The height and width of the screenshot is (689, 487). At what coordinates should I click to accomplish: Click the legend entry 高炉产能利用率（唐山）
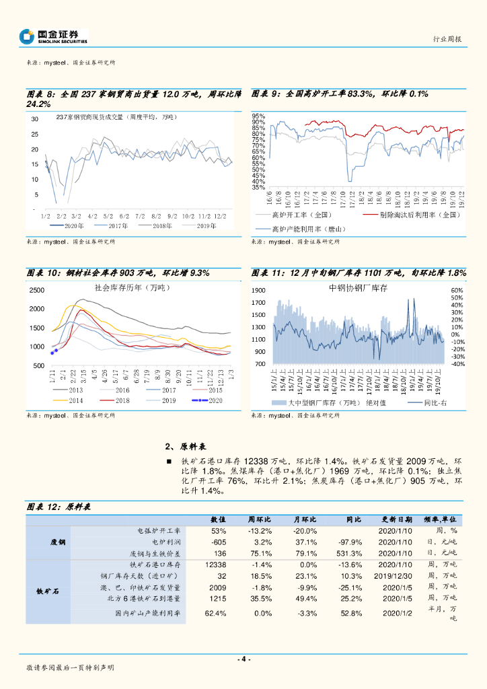click(299, 229)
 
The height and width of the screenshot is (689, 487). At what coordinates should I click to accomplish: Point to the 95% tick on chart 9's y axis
click(259, 116)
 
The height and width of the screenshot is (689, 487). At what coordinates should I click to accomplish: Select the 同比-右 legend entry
click(435, 402)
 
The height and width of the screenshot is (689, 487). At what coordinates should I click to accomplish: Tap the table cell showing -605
click(218, 542)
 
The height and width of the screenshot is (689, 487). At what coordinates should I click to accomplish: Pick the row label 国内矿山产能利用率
click(147, 613)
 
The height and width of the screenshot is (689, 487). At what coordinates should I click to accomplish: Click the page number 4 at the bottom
click(244, 659)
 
